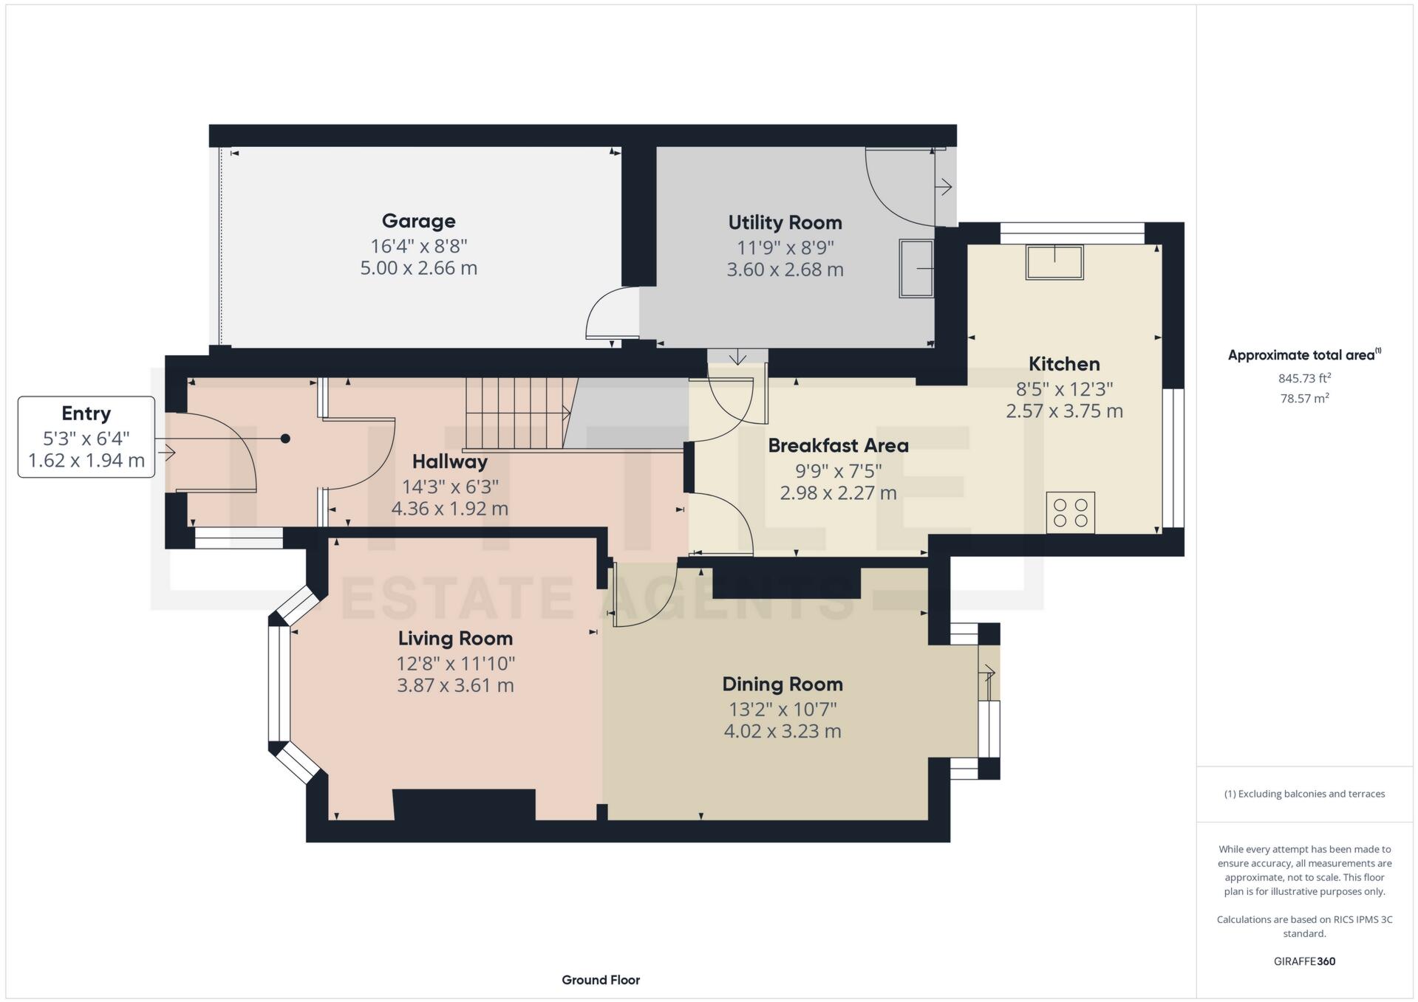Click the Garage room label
(418, 221)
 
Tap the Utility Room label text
(785, 222)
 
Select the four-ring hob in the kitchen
(1070, 512)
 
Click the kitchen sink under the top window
(1054, 262)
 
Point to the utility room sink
(916, 268)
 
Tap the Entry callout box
(86, 437)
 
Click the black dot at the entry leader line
(285, 439)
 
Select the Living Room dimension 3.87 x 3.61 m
(455, 685)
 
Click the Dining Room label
(783, 684)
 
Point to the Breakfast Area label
(838, 445)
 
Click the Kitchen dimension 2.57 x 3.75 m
(1064, 411)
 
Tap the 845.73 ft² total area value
(1304, 378)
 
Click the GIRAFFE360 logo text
(1304, 961)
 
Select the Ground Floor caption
(601, 980)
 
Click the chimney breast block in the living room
(464, 804)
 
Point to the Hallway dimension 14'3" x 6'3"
(450, 487)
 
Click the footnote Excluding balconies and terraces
(1304, 794)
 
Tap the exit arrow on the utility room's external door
(944, 188)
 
